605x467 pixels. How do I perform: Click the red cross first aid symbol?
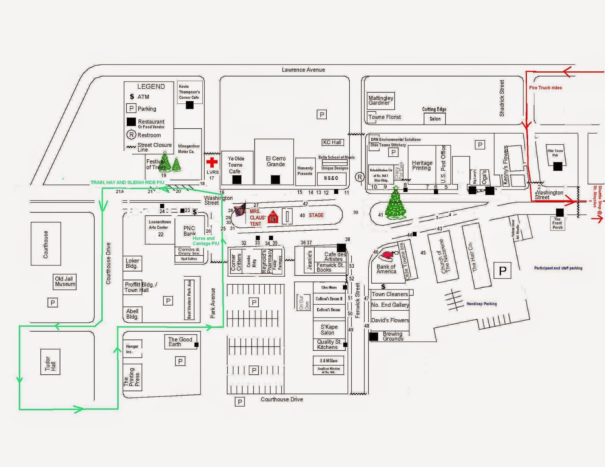click(x=212, y=162)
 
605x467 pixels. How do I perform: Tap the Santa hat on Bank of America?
click(x=388, y=257)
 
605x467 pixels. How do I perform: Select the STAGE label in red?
click(x=316, y=215)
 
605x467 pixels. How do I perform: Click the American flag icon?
click(x=240, y=210)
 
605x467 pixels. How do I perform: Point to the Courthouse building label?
click(x=46, y=244)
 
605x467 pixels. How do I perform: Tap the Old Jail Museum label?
click(x=65, y=281)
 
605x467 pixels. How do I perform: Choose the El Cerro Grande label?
click(x=276, y=161)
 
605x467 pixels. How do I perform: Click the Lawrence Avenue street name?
click(x=303, y=70)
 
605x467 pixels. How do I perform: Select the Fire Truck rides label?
click(x=545, y=88)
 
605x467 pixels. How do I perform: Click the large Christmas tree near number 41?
click(x=396, y=204)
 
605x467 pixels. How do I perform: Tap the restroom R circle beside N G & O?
click(x=360, y=177)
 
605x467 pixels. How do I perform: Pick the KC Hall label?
click(x=332, y=142)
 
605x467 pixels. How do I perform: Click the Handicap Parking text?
click(x=481, y=304)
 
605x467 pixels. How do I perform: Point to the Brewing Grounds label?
click(x=392, y=336)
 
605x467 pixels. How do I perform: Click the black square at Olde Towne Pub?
click(x=557, y=166)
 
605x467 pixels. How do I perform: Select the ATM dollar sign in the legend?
click(x=132, y=97)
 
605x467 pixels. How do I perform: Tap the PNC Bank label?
click(x=189, y=231)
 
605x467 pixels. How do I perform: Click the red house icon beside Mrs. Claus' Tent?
click(x=273, y=217)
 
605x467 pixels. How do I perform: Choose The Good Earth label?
click(x=180, y=342)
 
